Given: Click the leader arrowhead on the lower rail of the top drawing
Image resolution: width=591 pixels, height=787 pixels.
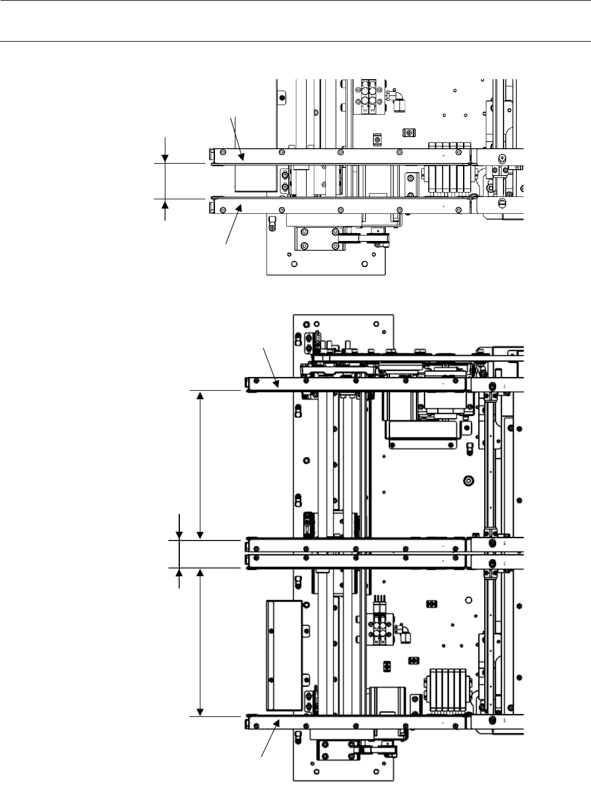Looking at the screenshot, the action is (x=240, y=209).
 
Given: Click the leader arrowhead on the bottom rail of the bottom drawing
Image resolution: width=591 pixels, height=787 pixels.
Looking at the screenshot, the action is (x=276, y=723).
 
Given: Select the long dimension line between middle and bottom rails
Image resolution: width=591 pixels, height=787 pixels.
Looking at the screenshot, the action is (x=200, y=641).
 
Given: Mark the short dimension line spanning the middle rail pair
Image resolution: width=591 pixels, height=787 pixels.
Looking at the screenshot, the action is (x=179, y=554).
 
